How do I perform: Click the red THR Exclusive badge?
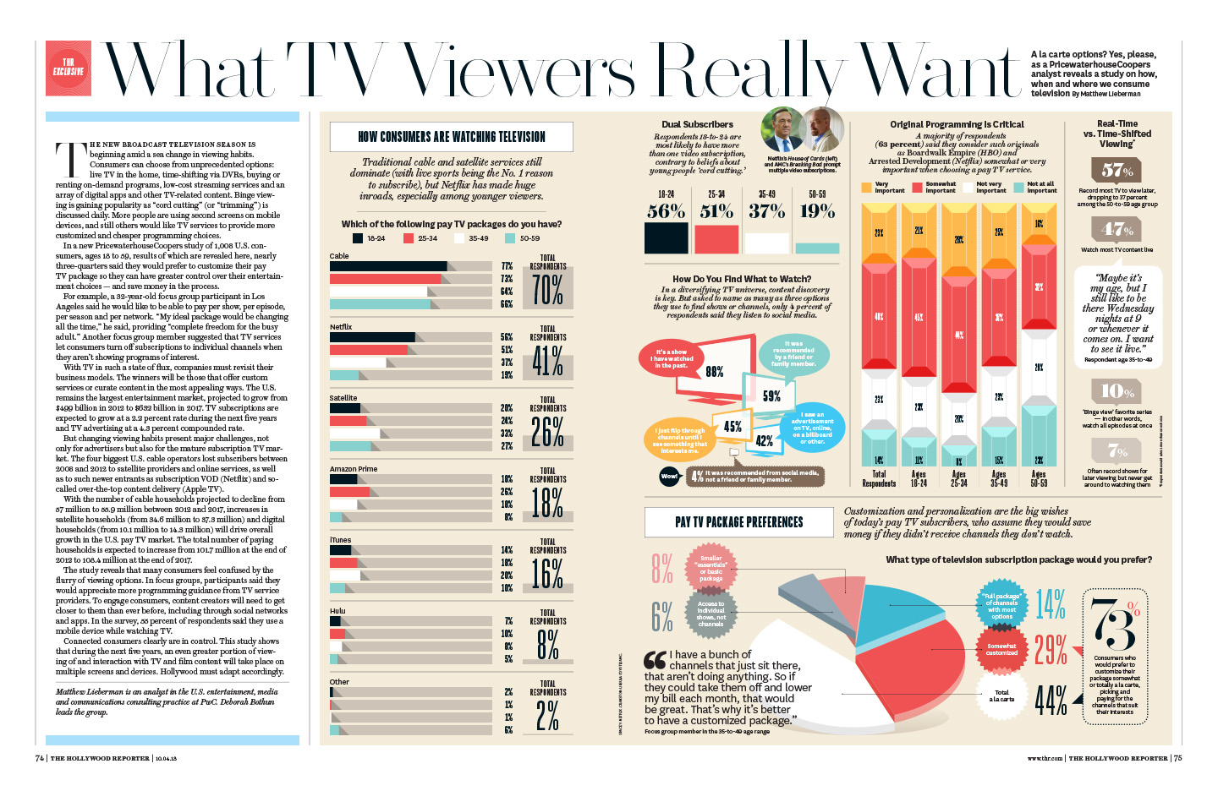point(69,67)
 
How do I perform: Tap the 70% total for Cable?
point(547,290)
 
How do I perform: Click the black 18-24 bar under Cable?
point(388,266)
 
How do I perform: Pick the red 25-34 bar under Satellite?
point(348,420)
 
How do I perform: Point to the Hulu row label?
point(337,610)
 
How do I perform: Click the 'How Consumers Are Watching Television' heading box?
point(452,137)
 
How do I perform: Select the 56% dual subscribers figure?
point(666,211)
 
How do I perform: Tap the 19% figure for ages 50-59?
point(817,211)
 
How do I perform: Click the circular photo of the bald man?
point(822,129)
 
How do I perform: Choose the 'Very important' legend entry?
point(876,188)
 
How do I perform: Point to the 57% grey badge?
point(1117,170)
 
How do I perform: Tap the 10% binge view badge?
point(1117,391)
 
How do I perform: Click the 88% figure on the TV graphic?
point(715,371)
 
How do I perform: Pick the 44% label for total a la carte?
point(1051,700)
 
